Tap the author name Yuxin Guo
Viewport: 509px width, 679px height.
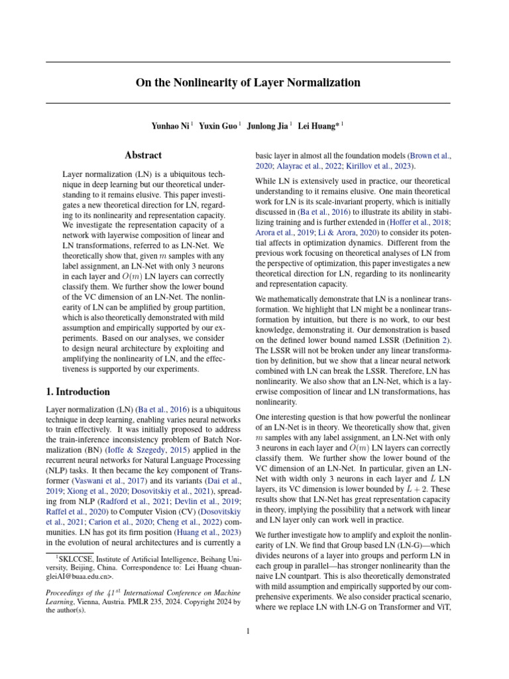217,125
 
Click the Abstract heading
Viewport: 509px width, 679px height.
143,155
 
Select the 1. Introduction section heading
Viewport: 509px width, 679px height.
78,392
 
